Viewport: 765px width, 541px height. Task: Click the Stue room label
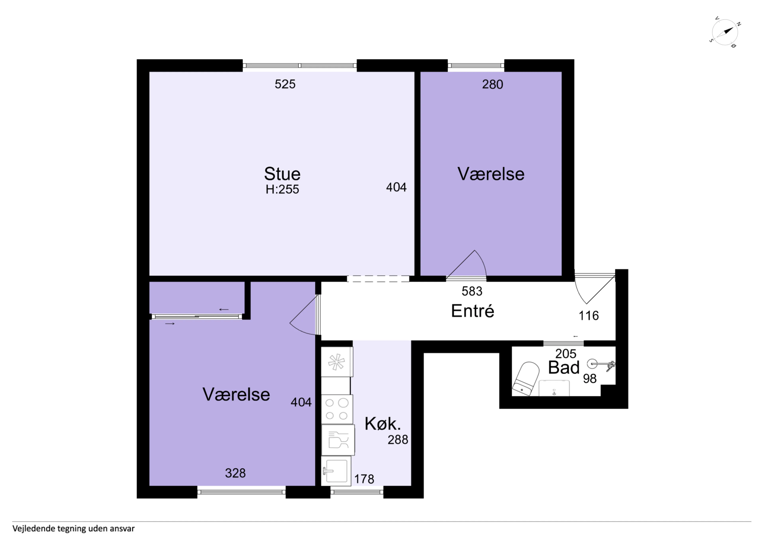[x=282, y=174]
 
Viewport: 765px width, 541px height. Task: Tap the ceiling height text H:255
[x=282, y=189]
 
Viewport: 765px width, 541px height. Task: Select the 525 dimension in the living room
[x=285, y=84]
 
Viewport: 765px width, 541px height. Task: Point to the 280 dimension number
[x=492, y=84]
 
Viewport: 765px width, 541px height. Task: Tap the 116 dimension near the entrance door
[x=589, y=316]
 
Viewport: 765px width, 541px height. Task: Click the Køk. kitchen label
[x=382, y=424]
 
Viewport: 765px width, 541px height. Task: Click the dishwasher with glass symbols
[x=338, y=440]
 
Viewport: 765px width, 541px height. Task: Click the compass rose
[x=725, y=32]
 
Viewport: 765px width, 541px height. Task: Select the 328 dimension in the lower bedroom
[x=235, y=473]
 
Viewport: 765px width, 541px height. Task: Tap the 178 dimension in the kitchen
[x=364, y=479]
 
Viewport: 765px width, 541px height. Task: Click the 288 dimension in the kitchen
[x=398, y=440]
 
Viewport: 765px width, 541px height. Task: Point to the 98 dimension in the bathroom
[x=590, y=379]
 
